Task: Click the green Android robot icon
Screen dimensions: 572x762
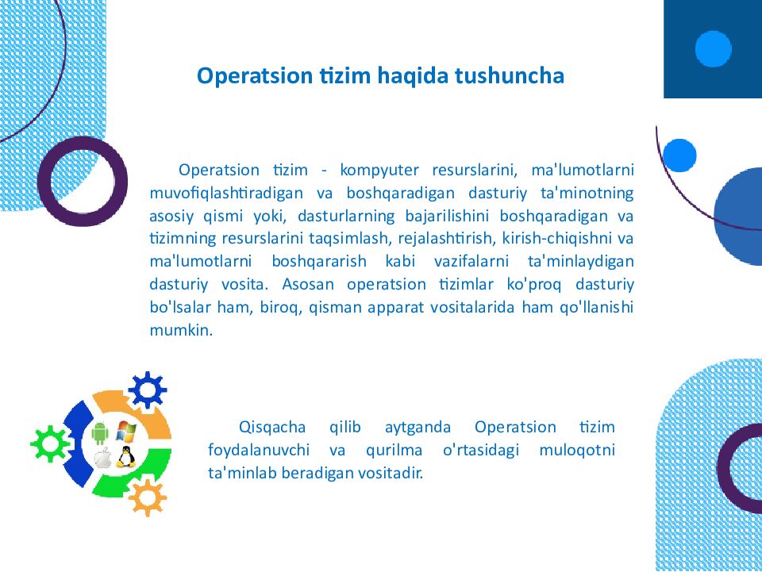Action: click(100, 433)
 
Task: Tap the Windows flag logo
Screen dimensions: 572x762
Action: click(125, 432)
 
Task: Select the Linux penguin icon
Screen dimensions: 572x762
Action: click(124, 457)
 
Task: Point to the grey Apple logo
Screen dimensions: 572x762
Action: click(101, 458)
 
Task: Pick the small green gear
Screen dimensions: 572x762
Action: click(49, 443)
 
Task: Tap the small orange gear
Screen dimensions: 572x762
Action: click(147, 497)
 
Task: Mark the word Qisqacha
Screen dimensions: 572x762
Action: click(265, 428)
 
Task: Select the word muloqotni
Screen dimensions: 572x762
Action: click(576, 451)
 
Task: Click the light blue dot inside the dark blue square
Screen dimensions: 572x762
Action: click(713, 48)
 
